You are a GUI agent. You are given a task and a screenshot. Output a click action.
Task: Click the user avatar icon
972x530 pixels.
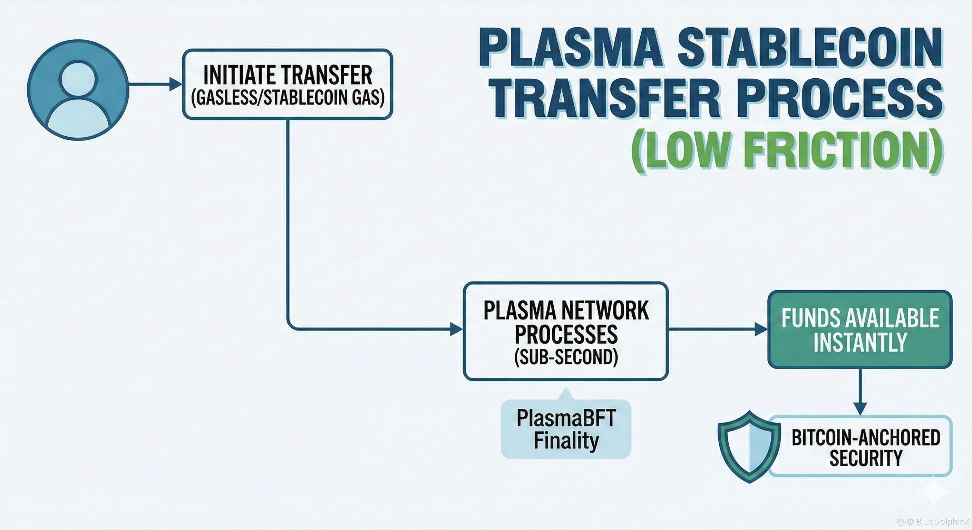tap(78, 90)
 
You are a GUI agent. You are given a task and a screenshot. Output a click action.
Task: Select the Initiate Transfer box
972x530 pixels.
tap(288, 84)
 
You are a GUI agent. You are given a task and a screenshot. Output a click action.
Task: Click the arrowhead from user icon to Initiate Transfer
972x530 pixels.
tap(175, 84)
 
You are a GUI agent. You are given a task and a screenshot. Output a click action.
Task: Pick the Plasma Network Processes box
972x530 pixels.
tap(566, 331)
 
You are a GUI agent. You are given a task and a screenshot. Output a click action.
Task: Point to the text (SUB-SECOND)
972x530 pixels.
tap(566, 357)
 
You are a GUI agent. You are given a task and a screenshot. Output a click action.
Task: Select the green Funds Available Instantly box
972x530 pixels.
tap(860, 329)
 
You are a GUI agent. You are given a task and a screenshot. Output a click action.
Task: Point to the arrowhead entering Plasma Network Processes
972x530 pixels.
tap(457, 329)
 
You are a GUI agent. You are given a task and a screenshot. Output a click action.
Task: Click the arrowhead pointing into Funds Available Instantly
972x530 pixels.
tap(761, 329)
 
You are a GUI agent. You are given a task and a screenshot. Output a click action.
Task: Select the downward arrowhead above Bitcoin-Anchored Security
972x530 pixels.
tap(860, 409)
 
